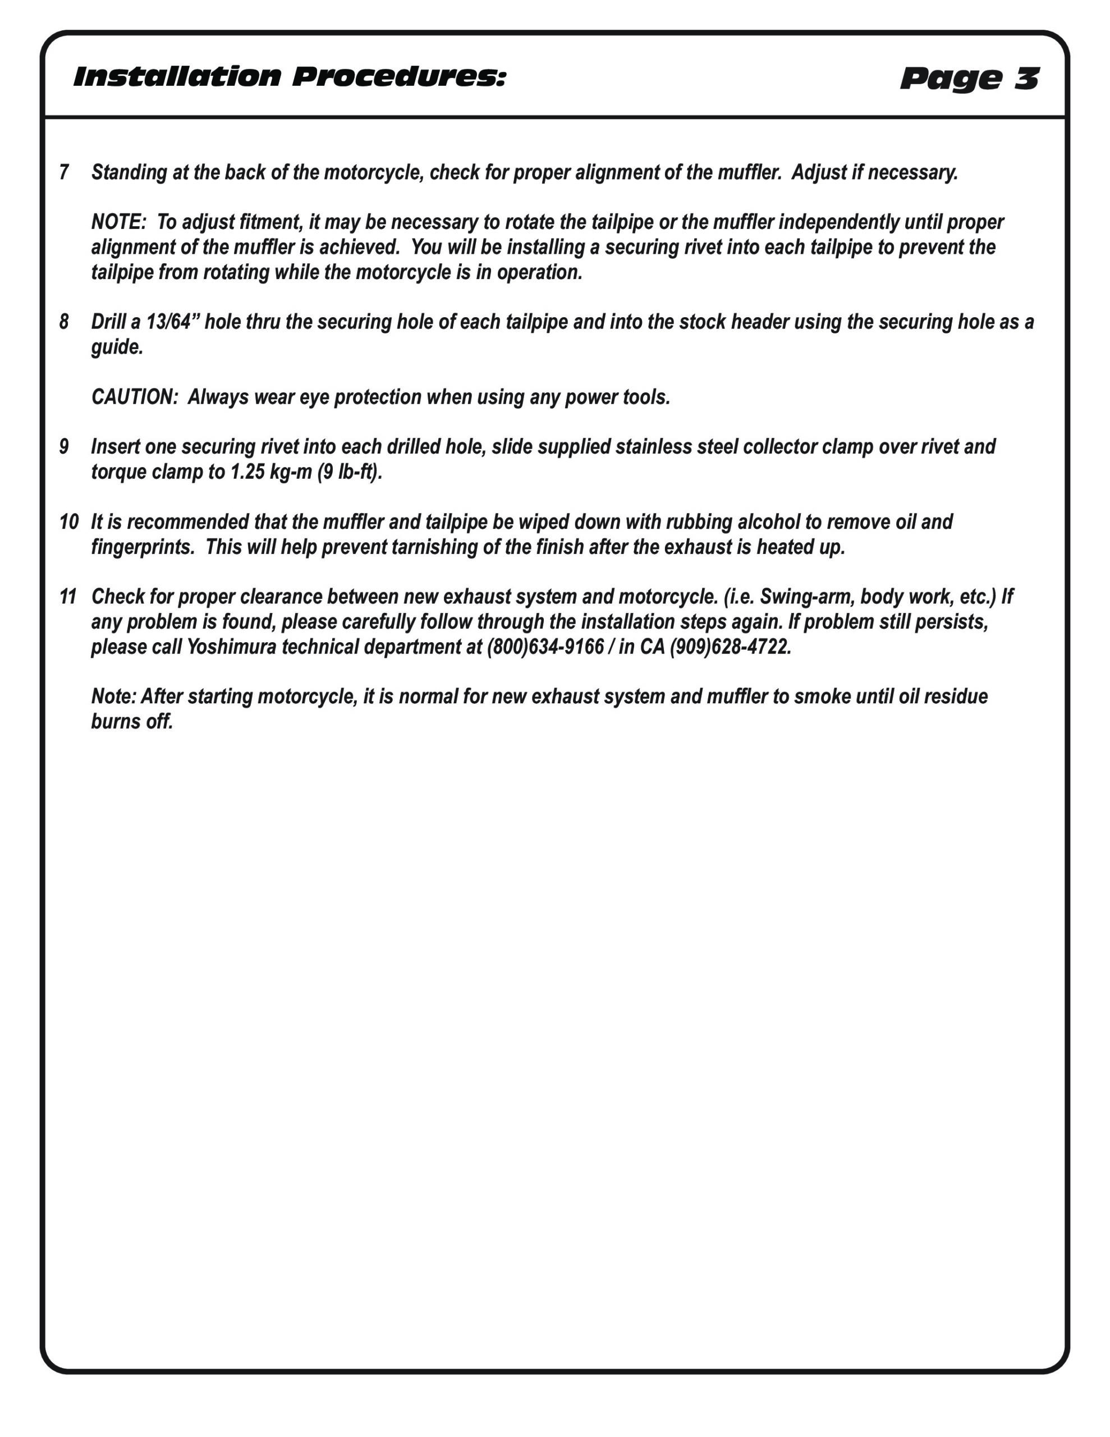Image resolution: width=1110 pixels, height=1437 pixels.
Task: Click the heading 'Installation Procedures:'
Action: pos(290,77)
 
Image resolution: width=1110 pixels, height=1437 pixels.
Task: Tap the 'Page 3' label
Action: pos(969,79)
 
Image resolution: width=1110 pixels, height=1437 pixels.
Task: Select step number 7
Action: pos(64,172)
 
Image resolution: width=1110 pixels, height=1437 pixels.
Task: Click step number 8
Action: pos(64,322)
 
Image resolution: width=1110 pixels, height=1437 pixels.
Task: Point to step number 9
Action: pos(64,447)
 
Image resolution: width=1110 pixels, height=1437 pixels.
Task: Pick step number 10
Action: pos(68,522)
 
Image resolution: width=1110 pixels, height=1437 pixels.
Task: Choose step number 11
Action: pos(68,597)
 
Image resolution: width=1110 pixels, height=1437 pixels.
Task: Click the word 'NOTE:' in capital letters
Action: pos(118,222)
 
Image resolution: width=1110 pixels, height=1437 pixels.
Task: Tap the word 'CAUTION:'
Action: pos(135,397)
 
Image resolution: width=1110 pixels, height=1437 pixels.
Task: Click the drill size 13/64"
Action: pos(172,322)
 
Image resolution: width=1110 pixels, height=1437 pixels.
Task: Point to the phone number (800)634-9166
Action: pos(545,647)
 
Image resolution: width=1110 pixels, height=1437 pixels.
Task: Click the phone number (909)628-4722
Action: pos(730,647)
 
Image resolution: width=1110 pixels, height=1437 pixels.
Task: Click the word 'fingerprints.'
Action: pos(143,547)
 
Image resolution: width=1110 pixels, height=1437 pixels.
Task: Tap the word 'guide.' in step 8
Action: pos(117,347)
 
